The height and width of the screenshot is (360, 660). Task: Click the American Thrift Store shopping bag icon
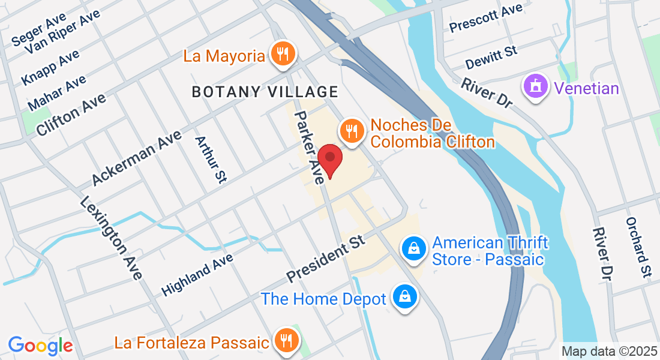(x=413, y=247)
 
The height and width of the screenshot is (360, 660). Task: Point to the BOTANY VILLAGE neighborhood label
(x=265, y=92)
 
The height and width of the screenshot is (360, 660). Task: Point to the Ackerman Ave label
(x=136, y=158)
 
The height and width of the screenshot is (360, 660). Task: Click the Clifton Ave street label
(x=71, y=114)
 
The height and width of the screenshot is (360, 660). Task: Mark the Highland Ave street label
(x=197, y=274)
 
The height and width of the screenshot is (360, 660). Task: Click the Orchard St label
(x=637, y=247)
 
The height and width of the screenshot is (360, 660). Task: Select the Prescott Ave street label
(x=486, y=18)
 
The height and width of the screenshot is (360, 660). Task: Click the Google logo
(x=40, y=345)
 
